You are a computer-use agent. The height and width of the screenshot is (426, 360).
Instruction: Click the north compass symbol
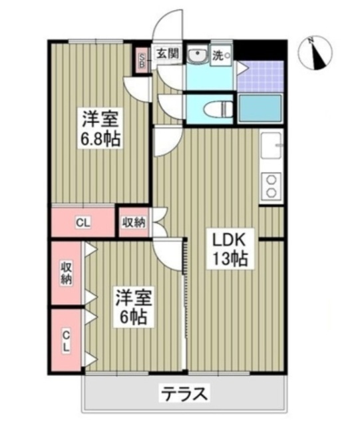click(x=319, y=54)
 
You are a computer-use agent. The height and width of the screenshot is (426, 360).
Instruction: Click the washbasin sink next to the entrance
click(x=196, y=57)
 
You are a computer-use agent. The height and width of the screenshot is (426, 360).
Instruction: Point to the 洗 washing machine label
click(x=219, y=56)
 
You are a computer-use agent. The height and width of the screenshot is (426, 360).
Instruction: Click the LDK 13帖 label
click(x=230, y=248)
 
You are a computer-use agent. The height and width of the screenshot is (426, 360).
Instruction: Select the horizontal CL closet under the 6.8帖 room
click(x=84, y=222)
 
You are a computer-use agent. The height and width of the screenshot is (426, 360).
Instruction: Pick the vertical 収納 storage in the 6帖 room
click(x=67, y=274)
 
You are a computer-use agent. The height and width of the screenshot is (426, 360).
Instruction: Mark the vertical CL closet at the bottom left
click(x=67, y=341)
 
